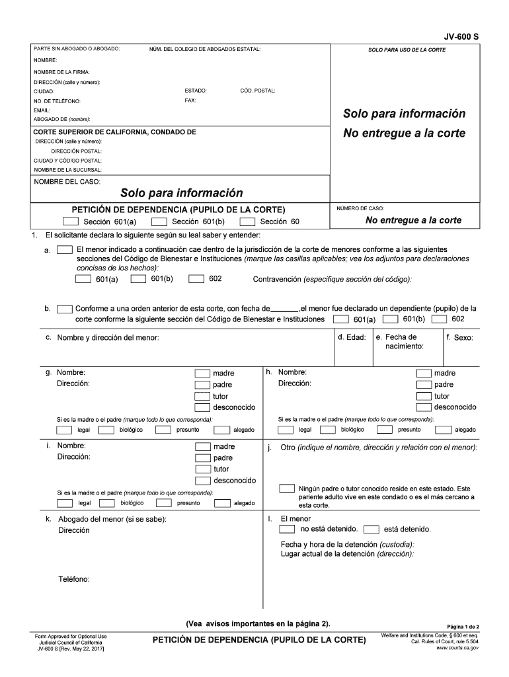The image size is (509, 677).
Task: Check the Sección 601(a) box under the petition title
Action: pyautogui.click(x=71, y=221)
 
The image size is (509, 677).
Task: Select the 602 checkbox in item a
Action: pyautogui.click(x=196, y=279)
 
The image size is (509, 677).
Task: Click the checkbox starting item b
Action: pyautogui.click(x=65, y=309)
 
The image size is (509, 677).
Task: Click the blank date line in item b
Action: pyautogui.click(x=284, y=309)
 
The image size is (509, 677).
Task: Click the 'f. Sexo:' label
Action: pyautogui.click(x=459, y=337)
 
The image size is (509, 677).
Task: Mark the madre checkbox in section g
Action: pyautogui.click(x=202, y=373)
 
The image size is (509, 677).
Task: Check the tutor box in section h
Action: pyautogui.click(x=424, y=395)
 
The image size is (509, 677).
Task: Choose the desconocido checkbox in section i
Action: pyautogui.click(x=202, y=480)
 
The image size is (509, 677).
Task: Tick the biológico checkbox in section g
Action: pyautogui.click(x=104, y=430)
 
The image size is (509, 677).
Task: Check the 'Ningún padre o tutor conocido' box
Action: pyautogui.click(x=287, y=489)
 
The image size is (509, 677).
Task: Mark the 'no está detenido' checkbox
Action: pyautogui.click(x=287, y=529)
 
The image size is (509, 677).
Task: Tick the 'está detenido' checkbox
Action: pyautogui.click(x=372, y=529)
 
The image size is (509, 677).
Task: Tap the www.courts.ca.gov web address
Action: pyautogui.click(x=457, y=648)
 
